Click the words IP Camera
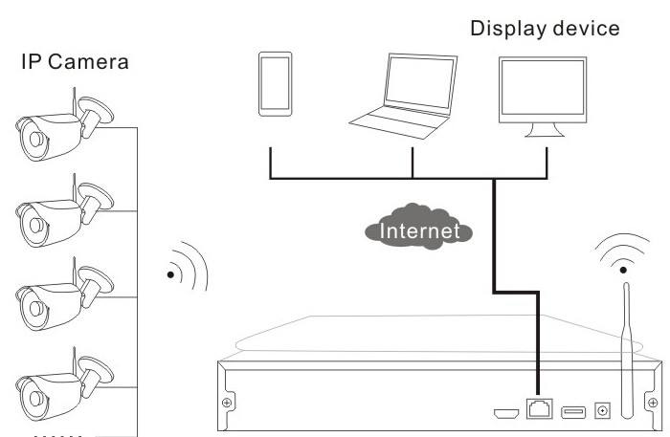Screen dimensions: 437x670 pos(75,65)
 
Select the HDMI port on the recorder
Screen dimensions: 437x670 pos(506,414)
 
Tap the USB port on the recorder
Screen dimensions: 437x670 pos(572,412)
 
